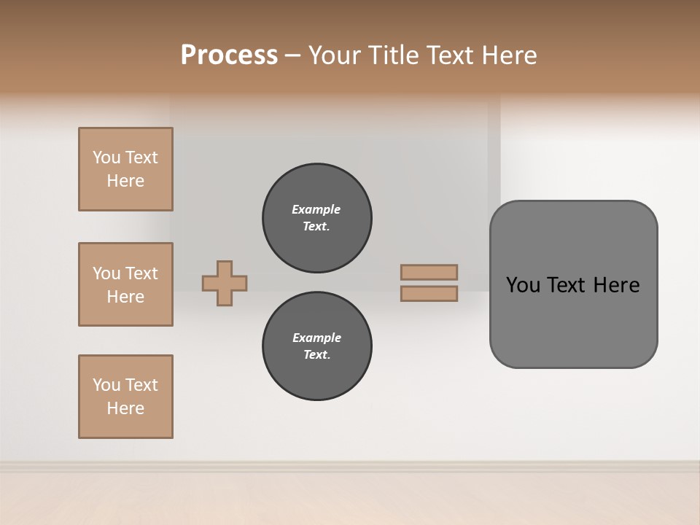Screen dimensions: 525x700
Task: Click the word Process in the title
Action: click(229, 55)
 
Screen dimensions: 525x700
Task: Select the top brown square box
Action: click(125, 169)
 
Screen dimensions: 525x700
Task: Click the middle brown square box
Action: click(125, 284)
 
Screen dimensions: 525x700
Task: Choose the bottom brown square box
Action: click(125, 397)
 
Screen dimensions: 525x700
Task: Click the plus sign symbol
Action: click(225, 283)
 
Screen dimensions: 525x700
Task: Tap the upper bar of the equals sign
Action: click(429, 272)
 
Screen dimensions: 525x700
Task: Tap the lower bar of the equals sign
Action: click(429, 293)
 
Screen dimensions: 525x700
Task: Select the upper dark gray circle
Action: click(317, 218)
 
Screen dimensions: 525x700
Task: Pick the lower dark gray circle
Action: click(317, 346)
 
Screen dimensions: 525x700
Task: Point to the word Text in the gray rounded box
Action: click(567, 285)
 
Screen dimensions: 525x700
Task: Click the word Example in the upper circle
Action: click(316, 209)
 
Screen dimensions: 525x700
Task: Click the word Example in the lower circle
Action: click(316, 338)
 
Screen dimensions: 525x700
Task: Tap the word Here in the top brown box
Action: click(125, 181)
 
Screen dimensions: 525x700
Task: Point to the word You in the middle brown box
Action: click(105, 273)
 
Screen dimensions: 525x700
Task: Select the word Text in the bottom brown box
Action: click(141, 385)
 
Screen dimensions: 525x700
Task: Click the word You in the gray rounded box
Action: click(522, 285)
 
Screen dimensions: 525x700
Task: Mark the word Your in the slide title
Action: click(335, 55)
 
